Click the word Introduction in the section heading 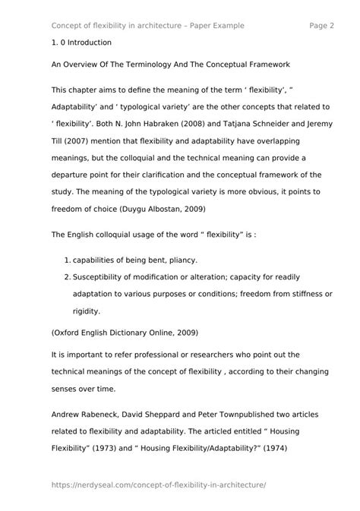pyautogui.click(x=89, y=43)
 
